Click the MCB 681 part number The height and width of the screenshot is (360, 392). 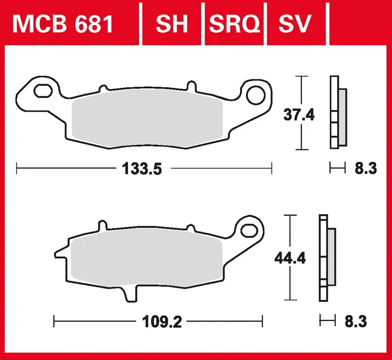tap(62, 24)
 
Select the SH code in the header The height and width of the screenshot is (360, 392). tap(172, 24)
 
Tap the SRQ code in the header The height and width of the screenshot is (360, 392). tap(234, 24)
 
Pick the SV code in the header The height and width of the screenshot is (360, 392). tap(295, 24)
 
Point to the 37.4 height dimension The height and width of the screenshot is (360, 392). tap(299, 115)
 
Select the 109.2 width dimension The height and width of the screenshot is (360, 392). tap(162, 322)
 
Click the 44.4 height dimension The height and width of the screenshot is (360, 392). tap(290, 258)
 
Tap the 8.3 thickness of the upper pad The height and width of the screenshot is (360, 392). tap(365, 168)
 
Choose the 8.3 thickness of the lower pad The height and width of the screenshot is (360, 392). tap(356, 322)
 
